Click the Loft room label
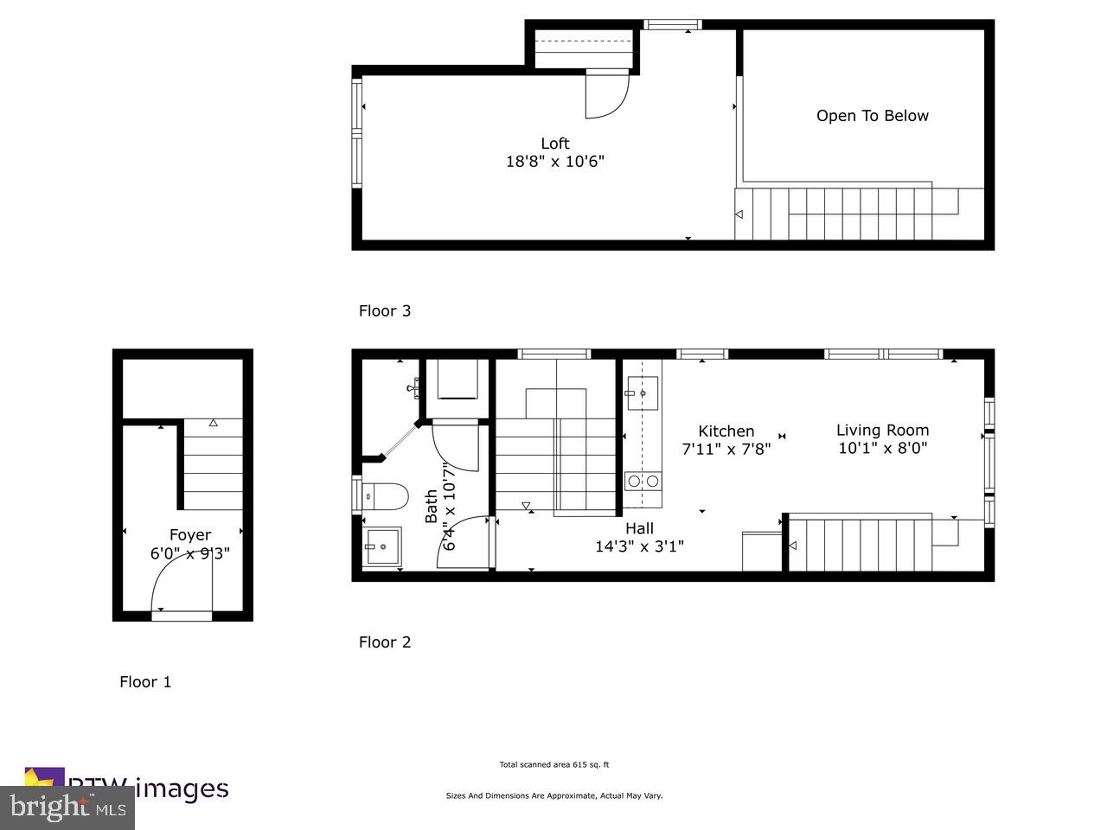(x=554, y=144)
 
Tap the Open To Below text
(x=872, y=116)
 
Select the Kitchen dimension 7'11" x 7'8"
(x=726, y=449)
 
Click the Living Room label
(x=882, y=430)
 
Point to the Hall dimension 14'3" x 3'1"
(x=639, y=546)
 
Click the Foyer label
(x=189, y=535)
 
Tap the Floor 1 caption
(x=145, y=681)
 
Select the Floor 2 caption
(x=385, y=642)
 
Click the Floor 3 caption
(x=385, y=310)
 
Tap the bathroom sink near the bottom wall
(x=382, y=546)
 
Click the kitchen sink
(x=642, y=393)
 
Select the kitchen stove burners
(x=643, y=481)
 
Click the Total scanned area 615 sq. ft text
(x=553, y=764)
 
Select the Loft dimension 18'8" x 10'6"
(x=554, y=161)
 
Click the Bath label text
(x=431, y=507)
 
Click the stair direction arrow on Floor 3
(x=739, y=214)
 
